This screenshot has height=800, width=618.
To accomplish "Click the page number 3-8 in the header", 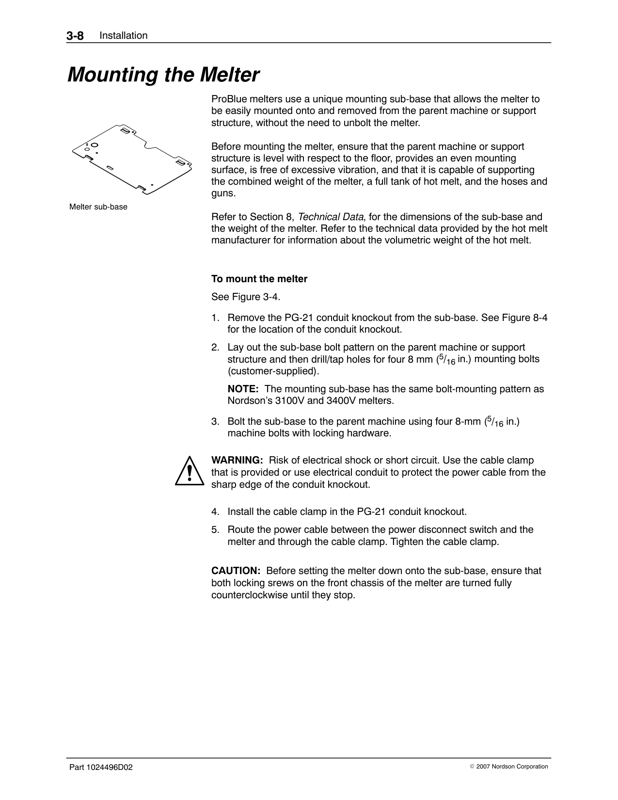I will tap(76, 35).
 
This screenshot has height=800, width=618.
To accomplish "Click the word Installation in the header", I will tap(123, 35).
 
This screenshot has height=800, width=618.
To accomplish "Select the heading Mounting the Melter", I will tap(163, 75).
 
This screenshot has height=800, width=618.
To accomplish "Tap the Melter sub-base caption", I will tap(98, 207).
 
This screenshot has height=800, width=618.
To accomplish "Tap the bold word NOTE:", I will tap(243, 389).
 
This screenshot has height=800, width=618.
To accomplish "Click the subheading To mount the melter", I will tap(259, 279).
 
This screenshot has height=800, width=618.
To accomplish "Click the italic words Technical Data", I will tap(331, 217).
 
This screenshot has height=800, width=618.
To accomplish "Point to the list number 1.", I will tap(214, 318).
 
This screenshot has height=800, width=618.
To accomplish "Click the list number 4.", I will tap(214, 512).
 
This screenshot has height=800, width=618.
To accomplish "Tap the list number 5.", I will tap(214, 529).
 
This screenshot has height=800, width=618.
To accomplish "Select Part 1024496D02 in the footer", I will tap(101, 767).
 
